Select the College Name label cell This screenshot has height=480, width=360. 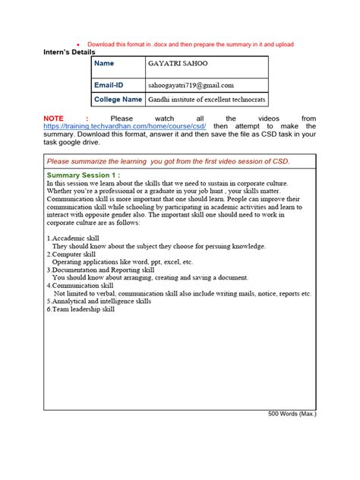click(118, 99)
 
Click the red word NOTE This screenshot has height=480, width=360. click(53, 118)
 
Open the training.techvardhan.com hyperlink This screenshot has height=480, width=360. click(125, 126)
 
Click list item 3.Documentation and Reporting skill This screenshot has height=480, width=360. click(100, 270)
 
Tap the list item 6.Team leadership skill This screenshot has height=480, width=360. click(81, 309)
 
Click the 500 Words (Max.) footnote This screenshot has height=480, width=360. click(292, 414)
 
